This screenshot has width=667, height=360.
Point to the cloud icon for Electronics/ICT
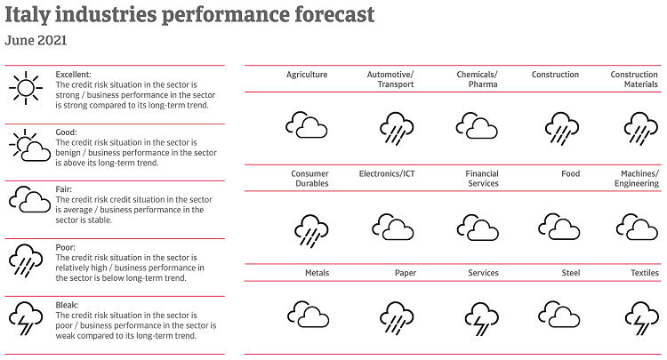[x=392, y=228]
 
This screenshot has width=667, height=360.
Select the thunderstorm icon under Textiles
[x=639, y=316]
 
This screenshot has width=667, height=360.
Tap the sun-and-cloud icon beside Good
[x=29, y=145]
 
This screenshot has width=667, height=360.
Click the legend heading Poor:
[x=66, y=248]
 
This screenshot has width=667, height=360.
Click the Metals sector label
[x=316, y=273]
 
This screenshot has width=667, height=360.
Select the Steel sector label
[x=570, y=273]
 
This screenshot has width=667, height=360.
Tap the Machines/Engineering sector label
[x=639, y=179]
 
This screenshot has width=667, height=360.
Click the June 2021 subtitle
[x=36, y=40]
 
